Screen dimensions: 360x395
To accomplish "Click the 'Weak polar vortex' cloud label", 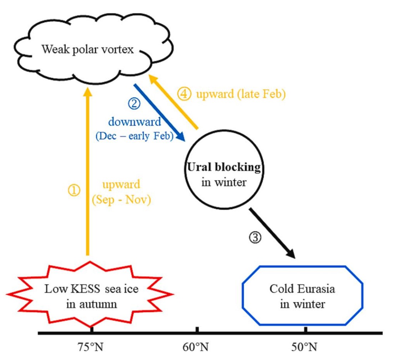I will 88,49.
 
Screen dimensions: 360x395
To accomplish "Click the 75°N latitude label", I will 91,347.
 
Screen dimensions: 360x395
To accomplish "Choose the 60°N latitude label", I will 197,347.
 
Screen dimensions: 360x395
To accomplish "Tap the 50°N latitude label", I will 305,347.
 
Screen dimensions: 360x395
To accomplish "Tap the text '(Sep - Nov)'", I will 121,199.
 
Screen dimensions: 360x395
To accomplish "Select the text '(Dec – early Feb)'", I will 135,136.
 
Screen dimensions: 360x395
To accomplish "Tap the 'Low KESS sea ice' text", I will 91,289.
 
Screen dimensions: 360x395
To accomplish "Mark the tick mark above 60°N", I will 197,329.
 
